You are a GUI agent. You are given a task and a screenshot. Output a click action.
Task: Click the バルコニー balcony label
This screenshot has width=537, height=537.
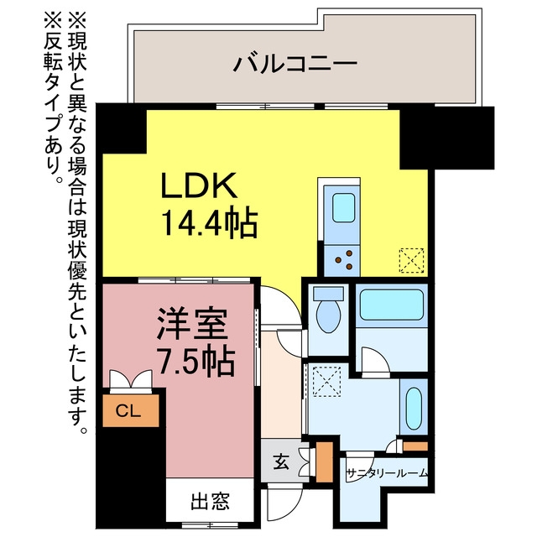(x=295, y=64)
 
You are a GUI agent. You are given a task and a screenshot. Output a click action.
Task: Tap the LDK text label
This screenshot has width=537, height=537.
(x=200, y=185)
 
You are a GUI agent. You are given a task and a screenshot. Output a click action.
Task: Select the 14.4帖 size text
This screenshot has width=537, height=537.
(x=209, y=223)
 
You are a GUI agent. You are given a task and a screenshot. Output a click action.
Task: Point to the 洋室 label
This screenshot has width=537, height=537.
(x=192, y=324)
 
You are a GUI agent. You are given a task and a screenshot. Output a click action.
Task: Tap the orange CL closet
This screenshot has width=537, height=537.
(x=131, y=410)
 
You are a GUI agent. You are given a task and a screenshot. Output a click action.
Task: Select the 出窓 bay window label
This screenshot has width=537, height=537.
(x=210, y=501)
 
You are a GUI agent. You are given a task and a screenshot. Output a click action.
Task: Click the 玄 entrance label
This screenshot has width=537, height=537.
(x=281, y=463)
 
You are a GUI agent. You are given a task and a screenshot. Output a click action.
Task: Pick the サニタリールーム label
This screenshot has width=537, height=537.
(x=387, y=473)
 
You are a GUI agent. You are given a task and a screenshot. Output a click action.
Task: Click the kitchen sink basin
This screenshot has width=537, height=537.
(x=343, y=207)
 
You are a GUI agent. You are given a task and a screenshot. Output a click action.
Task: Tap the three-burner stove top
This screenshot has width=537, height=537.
(x=341, y=261)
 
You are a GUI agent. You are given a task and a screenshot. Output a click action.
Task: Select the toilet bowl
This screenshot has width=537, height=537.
(x=328, y=310)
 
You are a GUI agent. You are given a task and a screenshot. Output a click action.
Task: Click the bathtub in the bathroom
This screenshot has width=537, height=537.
(x=392, y=305)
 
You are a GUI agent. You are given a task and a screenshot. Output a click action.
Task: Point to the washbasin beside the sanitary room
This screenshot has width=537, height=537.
(x=414, y=409)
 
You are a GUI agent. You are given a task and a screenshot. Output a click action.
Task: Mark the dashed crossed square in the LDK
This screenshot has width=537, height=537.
(x=412, y=261)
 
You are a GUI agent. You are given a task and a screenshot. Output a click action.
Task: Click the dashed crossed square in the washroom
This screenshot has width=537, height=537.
(x=327, y=382)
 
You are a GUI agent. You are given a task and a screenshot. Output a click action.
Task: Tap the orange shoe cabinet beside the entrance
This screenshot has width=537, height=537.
(x=324, y=462)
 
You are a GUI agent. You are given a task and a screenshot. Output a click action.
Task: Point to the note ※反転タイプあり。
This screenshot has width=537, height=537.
(x=54, y=100)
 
